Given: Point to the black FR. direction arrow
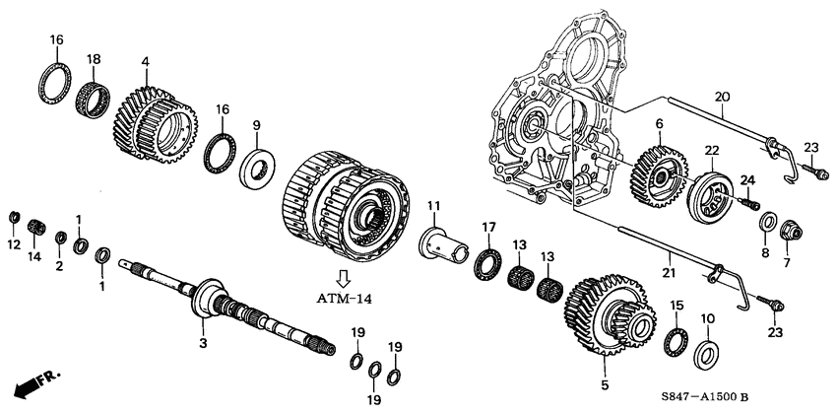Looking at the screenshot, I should (34, 383).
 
